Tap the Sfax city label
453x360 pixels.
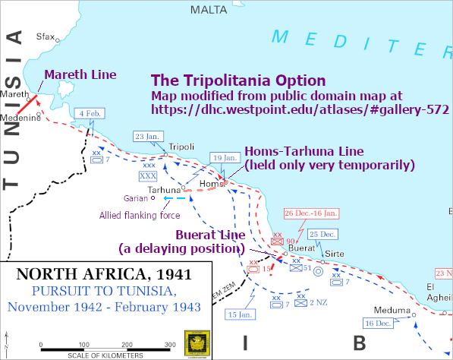tap(46, 36)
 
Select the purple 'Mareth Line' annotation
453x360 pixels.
tap(80, 74)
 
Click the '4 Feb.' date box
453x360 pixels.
tap(90, 113)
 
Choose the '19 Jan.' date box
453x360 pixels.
tap(225, 157)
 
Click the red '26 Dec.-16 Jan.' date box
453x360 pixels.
tap(311, 213)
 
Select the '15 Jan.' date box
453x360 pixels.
tap(242, 314)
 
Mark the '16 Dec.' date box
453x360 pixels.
tap(378, 324)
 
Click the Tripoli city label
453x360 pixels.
tap(182, 147)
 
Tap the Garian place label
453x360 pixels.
tap(136, 197)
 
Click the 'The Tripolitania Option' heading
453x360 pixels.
tap(238, 81)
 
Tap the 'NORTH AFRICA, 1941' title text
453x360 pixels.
tap(105, 273)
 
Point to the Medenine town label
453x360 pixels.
tap(20, 118)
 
